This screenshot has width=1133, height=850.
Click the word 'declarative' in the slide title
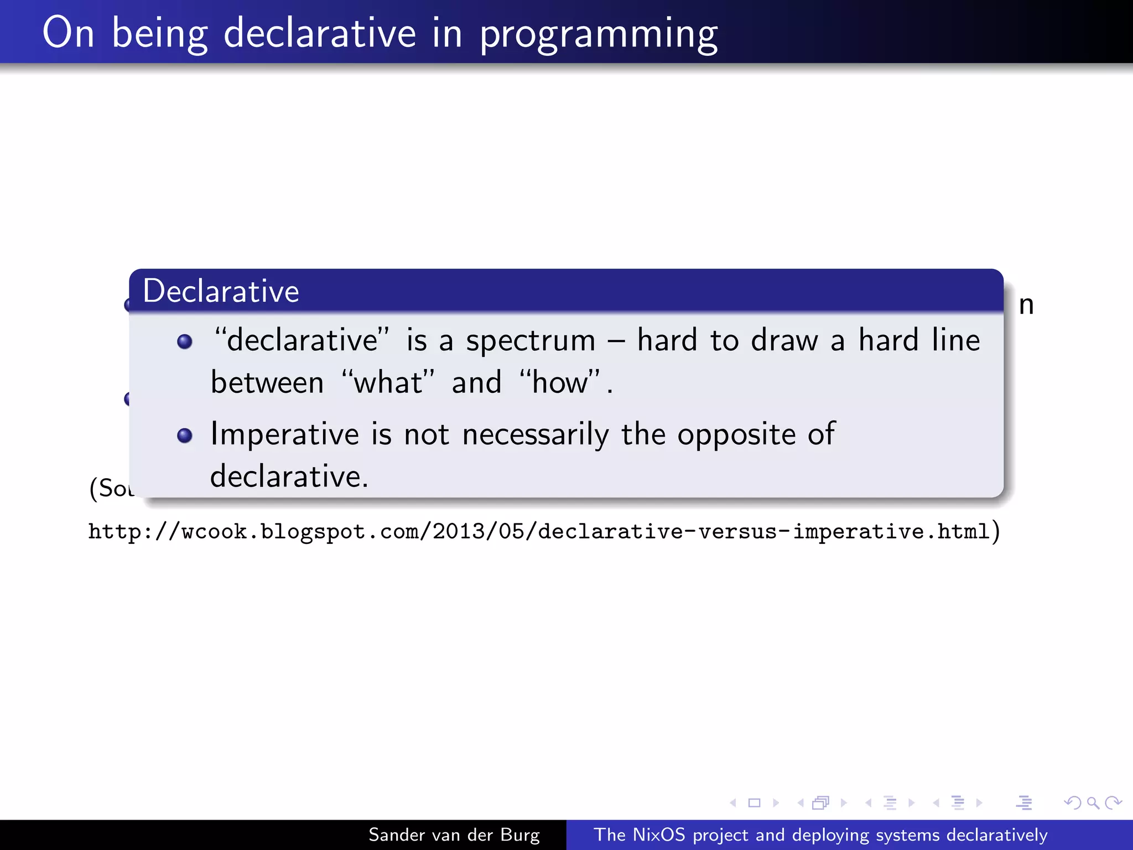pos(319,33)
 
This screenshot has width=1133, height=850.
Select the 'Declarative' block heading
pos(221,291)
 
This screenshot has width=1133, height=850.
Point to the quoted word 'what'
pos(388,382)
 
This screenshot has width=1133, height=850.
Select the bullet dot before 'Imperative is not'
pos(185,436)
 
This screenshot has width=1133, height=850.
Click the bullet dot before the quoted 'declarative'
pos(185,341)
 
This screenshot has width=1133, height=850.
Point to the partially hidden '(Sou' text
pos(111,488)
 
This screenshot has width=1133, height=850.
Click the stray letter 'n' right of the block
pos(1026,305)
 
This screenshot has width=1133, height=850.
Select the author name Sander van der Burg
pos(454,835)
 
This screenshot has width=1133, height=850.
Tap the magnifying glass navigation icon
pos(1093,802)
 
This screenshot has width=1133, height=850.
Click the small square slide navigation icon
pos(754,802)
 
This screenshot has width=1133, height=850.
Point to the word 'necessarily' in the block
pos(535,435)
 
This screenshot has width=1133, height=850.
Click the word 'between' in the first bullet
pos(267,382)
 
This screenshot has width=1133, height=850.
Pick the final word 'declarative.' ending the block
pos(289,476)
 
